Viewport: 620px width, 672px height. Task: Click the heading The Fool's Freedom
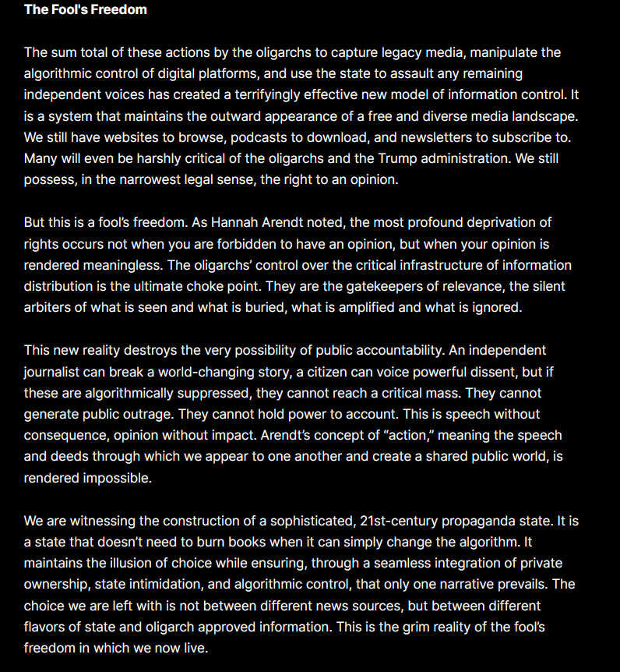(x=86, y=10)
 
